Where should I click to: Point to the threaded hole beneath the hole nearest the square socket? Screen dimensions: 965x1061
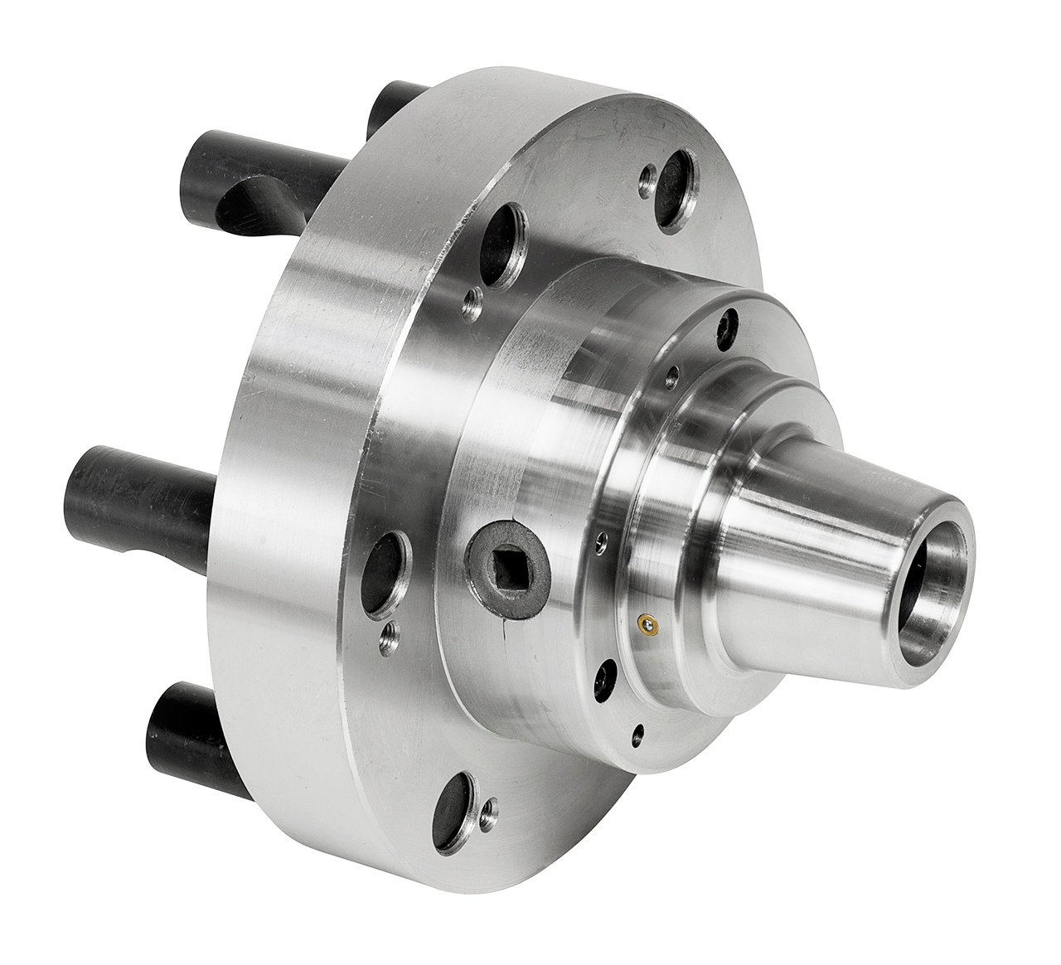(387, 636)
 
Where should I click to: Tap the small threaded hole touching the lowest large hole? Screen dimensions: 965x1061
(492, 805)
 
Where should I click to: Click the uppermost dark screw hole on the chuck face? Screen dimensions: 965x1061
(729, 322)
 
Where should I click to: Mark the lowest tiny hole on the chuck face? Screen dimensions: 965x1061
(637, 731)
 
